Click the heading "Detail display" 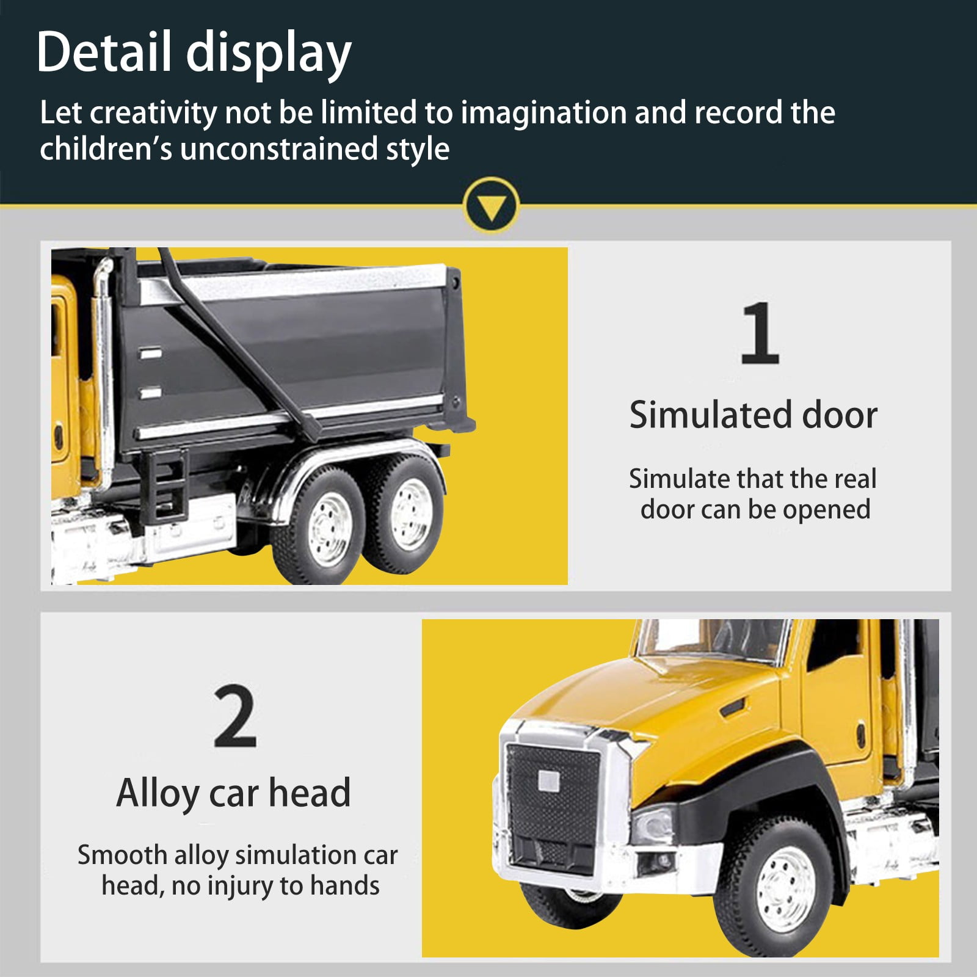pos(194,54)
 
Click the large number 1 pos(760,333)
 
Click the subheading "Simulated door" pos(754,415)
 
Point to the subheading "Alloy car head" pos(233,793)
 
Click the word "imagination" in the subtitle pos(543,114)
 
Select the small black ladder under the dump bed pos(167,486)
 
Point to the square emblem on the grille pos(547,780)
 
